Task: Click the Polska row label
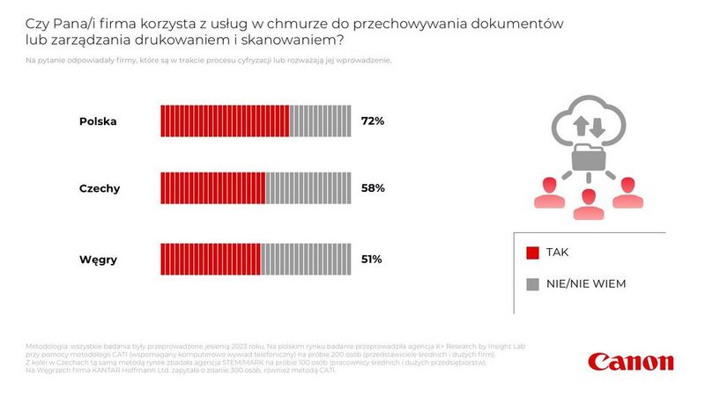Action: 99,121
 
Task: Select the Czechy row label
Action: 100,188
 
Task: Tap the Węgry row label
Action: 99,260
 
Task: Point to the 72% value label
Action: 373,121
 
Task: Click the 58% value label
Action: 373,188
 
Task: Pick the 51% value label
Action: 372,260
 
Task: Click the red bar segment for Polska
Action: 225,121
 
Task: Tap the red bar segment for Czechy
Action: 212,188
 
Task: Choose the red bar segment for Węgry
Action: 210,260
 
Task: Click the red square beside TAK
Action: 532,253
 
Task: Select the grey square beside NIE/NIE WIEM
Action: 532,284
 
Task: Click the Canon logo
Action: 631,362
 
